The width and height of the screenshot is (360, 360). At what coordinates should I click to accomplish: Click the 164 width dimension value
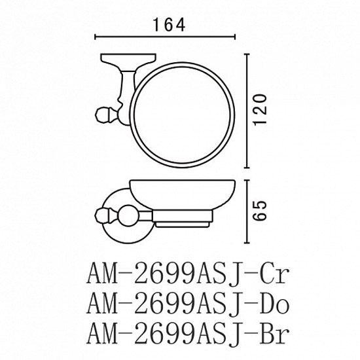pos(169,25)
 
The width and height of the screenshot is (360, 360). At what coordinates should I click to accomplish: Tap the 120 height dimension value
pos(261,109)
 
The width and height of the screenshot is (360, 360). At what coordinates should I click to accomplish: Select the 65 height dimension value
pos(261,211)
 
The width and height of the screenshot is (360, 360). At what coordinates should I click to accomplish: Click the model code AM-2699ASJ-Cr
pos(188,274)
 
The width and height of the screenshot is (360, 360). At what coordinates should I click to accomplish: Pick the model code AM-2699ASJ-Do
pos(188,304)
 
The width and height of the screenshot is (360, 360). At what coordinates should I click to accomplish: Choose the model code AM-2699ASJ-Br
pos(188,333)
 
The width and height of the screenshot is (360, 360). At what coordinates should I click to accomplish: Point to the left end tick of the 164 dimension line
pos(96,37)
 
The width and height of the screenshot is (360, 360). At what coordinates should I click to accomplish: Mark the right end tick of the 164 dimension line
pos(234,37)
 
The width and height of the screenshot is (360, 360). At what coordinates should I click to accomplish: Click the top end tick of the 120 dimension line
pos(247,54)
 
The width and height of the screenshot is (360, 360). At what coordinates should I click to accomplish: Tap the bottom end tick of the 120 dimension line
pos(247,168)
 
